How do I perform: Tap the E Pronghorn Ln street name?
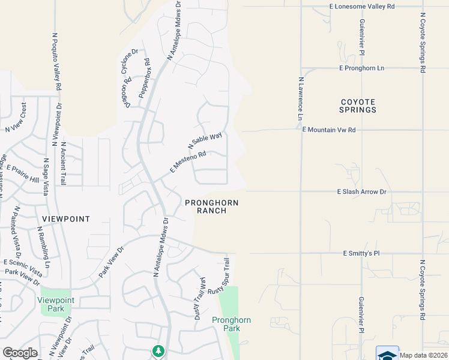[x=361, y=68]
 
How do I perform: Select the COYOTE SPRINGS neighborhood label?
[x=358, y=106]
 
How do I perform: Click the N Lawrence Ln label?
[x=300, y=100]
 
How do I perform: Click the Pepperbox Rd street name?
[x=144, y=78]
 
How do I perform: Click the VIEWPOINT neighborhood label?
[x=66, y=219]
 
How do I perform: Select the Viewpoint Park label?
[x=56, y=304]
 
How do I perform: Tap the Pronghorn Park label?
[x=231, y=324]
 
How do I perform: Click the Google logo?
[x=20, y=353]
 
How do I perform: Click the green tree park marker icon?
[x=158, y=350]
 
